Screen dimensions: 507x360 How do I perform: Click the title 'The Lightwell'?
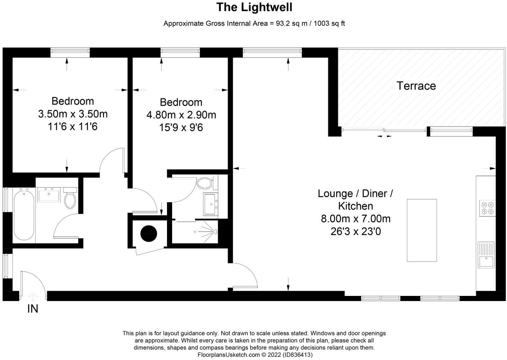(254, 7)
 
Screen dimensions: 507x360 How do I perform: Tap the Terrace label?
(416, 86)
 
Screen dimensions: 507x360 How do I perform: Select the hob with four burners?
(487, 208)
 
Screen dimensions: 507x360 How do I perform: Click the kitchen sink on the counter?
(486, 255)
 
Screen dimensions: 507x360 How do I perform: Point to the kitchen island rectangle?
(421, 230)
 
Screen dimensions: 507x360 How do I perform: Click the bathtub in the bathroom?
(24, 216)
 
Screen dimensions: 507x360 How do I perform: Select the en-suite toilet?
(205, 183)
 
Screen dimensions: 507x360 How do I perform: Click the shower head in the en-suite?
(216, 232)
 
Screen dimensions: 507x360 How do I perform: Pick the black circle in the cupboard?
(149, 233)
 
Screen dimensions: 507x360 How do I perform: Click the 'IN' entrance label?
(33, 309)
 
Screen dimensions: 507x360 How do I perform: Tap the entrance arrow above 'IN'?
(33, 295)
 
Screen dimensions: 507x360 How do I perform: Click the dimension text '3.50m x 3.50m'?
(73, 114)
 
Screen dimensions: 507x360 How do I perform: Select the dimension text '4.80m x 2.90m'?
(181, 115)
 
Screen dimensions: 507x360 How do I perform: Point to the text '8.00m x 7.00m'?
(355, 219)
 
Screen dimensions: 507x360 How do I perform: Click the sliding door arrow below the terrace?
(384, 136)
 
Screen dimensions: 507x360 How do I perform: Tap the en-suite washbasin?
(211, 204)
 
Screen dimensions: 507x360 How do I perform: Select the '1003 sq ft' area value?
(329, 24)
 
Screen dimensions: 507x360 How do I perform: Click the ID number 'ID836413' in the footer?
(297, 355)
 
